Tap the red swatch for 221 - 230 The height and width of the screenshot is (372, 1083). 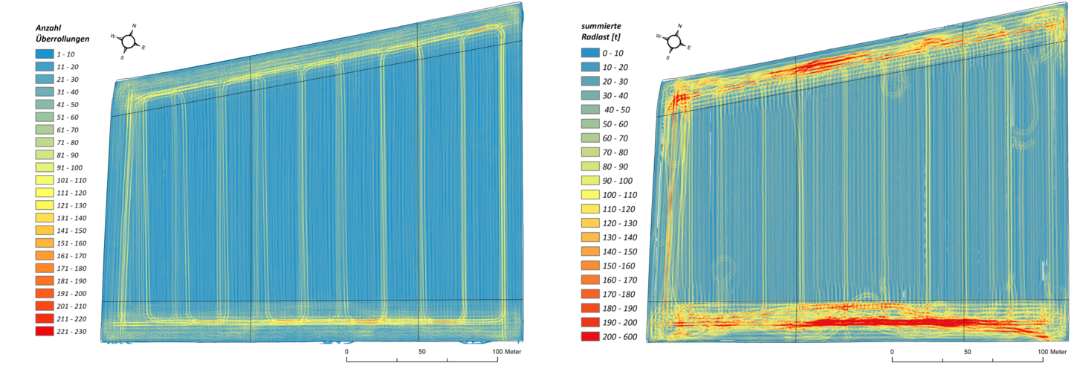(46, 331)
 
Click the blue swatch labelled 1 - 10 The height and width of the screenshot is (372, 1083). (46, 54)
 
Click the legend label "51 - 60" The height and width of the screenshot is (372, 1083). (71, 117)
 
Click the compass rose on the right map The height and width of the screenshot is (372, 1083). (674, 40)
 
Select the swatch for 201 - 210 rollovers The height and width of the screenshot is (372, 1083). (46, 306)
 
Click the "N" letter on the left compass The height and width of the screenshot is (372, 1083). (134, 25)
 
